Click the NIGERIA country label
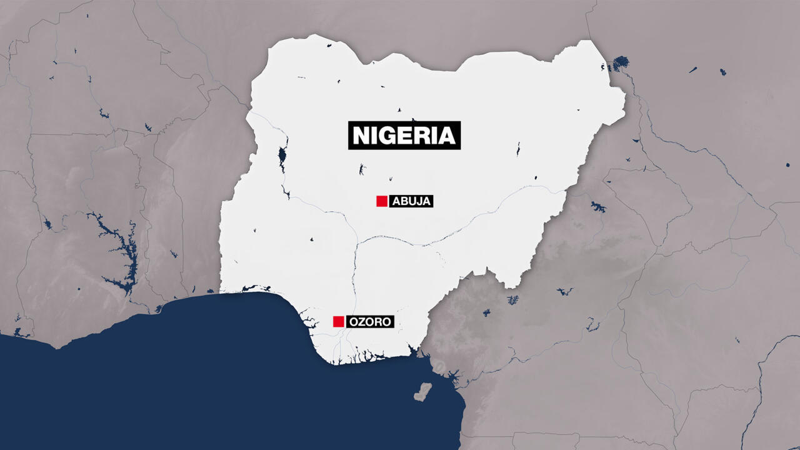pyautogui.click(x=404, y=135)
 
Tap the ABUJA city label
pyautogui.click(x=411, y=201)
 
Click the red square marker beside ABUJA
pyautogui.click(x=381, y=201)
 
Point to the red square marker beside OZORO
pyautogui.click(x=338, y=321)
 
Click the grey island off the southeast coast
pyautogui.click(x=423, y=392)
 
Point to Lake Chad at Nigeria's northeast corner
pyautogui.click(x=620, y=63)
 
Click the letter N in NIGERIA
pyautogui.click(x=361, y=136)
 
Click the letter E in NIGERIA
pyautogui.click(x=403, y=136)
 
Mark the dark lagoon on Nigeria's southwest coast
pyautogui.click(x=250, y=288)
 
